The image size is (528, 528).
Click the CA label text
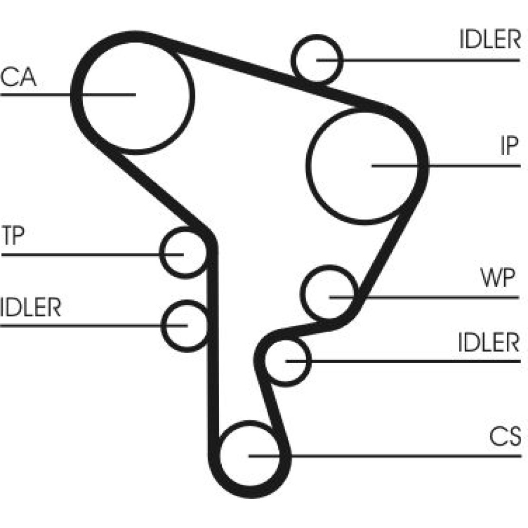[18, 77]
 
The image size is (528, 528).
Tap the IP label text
[509, 147]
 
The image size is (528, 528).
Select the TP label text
[13, 237]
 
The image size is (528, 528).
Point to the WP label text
[497, 278]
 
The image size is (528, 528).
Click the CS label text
[505, 437]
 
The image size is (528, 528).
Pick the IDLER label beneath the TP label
[31, 307]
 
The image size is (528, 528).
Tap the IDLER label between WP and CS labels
[489, 343]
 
